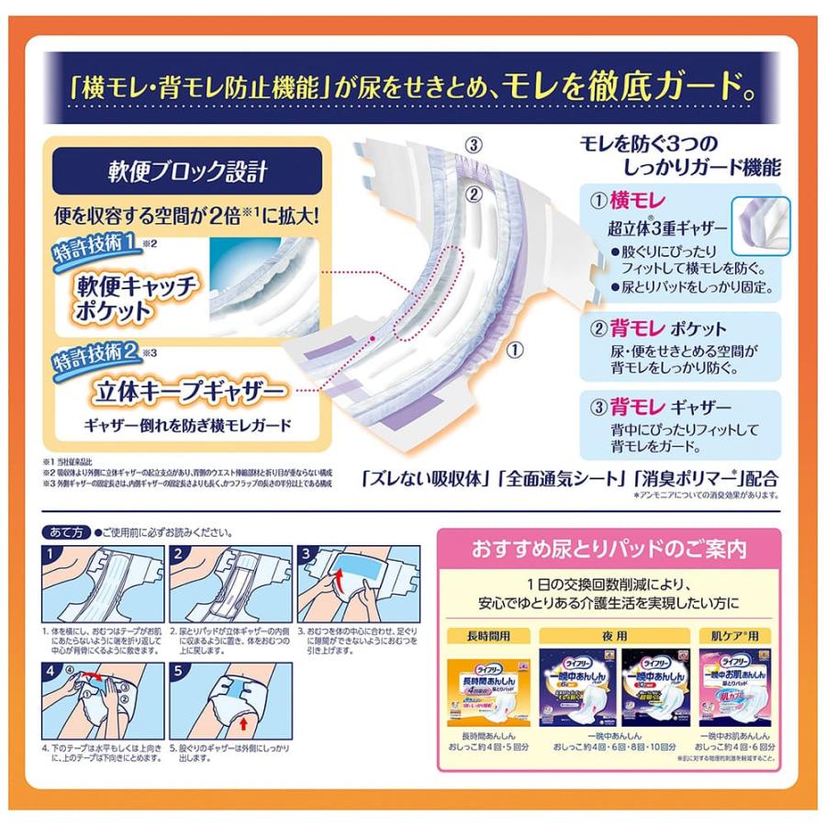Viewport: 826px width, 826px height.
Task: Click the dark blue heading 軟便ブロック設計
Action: [x=187, y=172]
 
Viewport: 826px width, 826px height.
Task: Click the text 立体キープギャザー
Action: [x=188, y=393]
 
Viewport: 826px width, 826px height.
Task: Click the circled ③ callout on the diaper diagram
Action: [x=473, y=144]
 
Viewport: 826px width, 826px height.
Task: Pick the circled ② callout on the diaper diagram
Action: [x=473, y=194]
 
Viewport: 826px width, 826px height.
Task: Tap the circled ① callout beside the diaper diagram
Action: [x=515, y=350]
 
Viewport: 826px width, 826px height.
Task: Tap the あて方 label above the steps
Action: [x=67, y=532]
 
